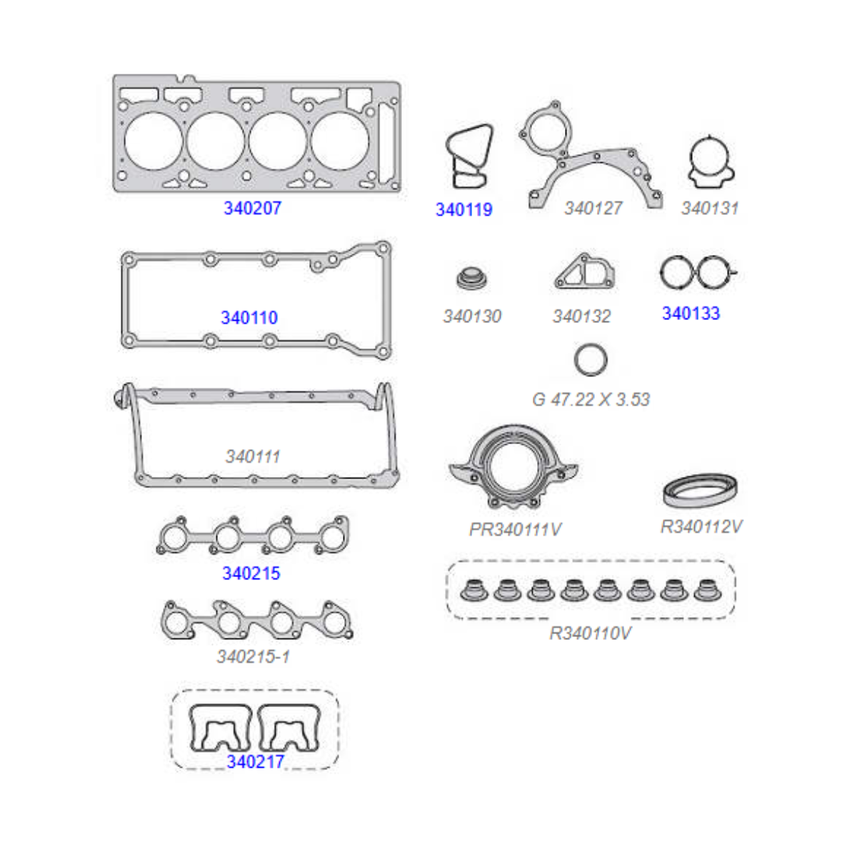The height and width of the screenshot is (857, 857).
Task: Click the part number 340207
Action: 252,208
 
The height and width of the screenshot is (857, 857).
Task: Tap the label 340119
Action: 464,210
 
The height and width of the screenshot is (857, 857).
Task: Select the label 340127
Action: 593,208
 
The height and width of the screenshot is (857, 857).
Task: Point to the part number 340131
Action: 710,208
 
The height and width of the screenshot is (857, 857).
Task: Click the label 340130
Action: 472,316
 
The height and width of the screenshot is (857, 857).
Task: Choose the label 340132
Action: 582,316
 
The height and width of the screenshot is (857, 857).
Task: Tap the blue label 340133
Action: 691,314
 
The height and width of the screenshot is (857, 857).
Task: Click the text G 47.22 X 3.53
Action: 591,399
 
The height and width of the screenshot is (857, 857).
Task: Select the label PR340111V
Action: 515,529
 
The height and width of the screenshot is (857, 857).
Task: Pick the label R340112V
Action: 701,526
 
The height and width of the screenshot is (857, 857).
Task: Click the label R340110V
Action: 590,633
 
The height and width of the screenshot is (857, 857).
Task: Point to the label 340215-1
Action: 253,656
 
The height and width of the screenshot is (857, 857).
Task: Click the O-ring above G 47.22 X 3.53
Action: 576,359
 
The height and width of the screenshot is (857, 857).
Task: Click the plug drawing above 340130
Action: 471,278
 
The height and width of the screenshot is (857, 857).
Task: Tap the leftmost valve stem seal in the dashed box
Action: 473,590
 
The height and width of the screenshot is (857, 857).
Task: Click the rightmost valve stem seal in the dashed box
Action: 708,590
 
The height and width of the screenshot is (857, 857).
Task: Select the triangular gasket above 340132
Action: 584,271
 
